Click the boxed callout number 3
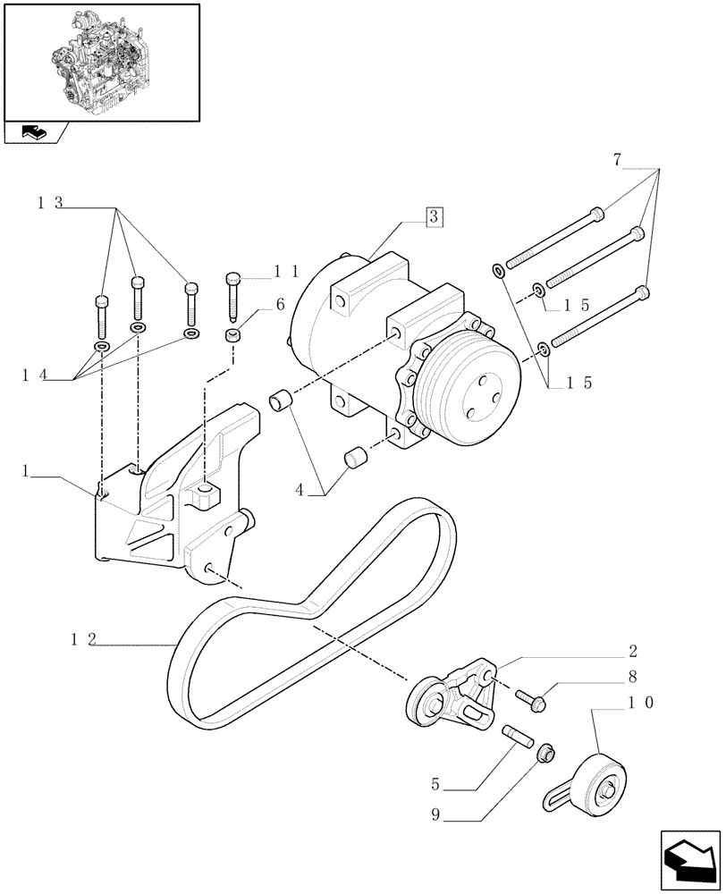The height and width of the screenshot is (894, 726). [433, 216]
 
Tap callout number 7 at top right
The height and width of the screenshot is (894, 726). [618, 161]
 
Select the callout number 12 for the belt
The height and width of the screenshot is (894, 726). [83, 639]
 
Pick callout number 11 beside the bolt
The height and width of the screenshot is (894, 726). [285, 269]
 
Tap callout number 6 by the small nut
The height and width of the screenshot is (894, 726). [280, 305]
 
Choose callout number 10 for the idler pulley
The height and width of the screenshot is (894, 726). [641, 703]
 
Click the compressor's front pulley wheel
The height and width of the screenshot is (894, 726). [474, 386]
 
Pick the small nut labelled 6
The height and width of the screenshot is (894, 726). [233, 337]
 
